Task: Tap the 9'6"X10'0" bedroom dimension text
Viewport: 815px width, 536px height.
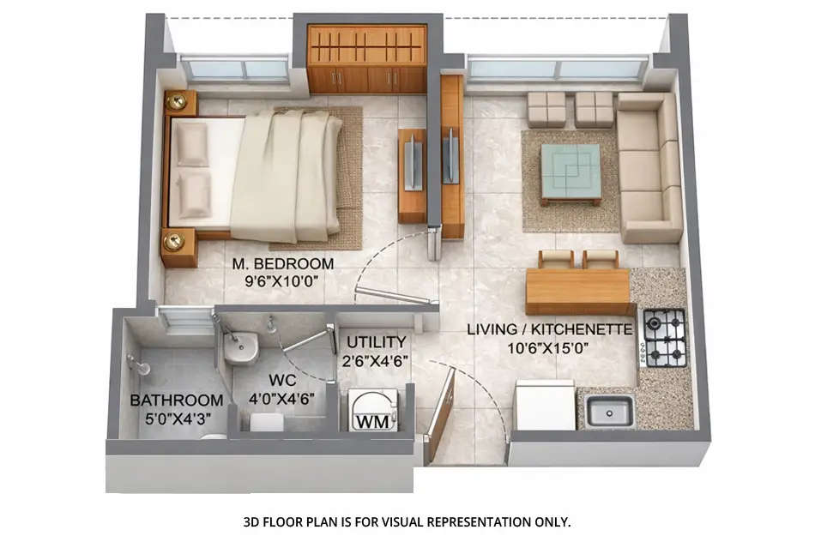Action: click(282, 280)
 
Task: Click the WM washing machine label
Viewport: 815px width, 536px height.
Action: click(371, 421)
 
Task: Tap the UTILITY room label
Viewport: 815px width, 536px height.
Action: click(376, 343)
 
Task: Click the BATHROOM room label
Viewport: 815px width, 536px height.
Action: click(176, 400)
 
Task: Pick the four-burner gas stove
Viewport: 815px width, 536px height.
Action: click(665, 337)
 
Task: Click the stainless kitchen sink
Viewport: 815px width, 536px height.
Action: click(608, 411)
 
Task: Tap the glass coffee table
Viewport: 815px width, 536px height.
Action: click(570, 172)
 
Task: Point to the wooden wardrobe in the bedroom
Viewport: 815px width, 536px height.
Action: click(366, 58)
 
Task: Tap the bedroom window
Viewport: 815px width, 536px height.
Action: click(234, 68)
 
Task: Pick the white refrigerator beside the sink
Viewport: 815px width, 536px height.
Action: click(545, 405)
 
